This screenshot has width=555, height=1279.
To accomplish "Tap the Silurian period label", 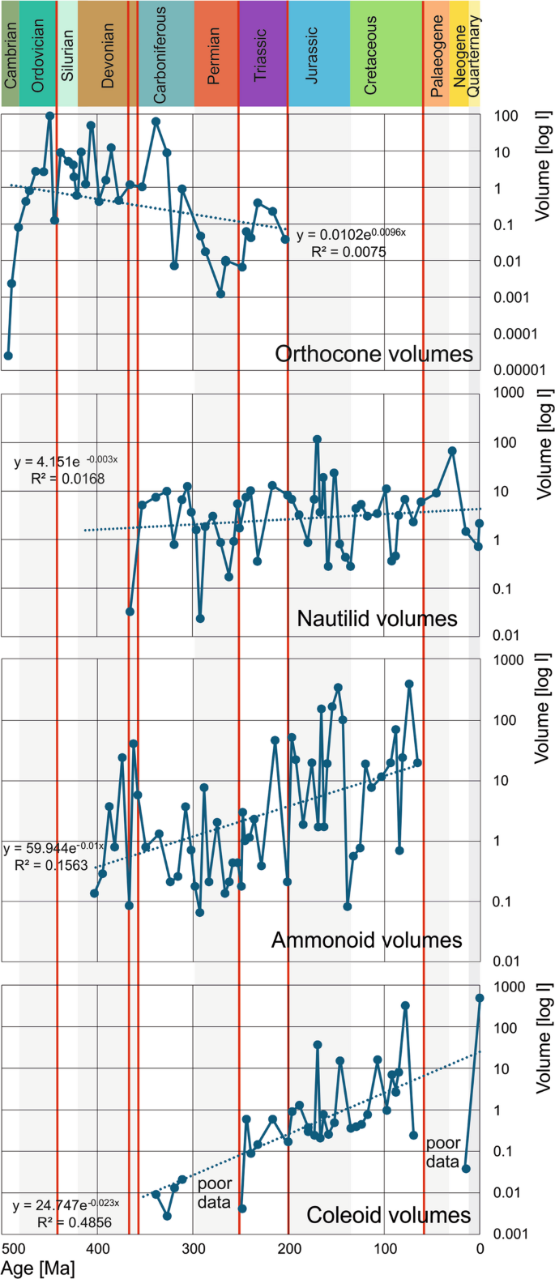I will (x=67, y=55).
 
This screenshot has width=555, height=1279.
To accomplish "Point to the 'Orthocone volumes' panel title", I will (x=374, y=354).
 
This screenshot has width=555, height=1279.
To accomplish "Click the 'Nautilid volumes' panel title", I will (x=377, y=619).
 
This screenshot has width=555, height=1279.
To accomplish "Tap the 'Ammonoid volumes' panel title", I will (x=366, y=940).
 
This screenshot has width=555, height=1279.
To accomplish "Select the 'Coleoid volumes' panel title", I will (x=388, y=1215).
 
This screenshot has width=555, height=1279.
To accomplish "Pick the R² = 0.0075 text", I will (x=348, y=251).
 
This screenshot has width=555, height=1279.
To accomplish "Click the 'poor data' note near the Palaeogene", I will (x=444, y=1151).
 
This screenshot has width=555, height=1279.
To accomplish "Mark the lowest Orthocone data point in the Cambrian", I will (x=8, y=356).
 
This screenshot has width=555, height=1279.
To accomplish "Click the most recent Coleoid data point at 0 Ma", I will (x=480, y=998).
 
